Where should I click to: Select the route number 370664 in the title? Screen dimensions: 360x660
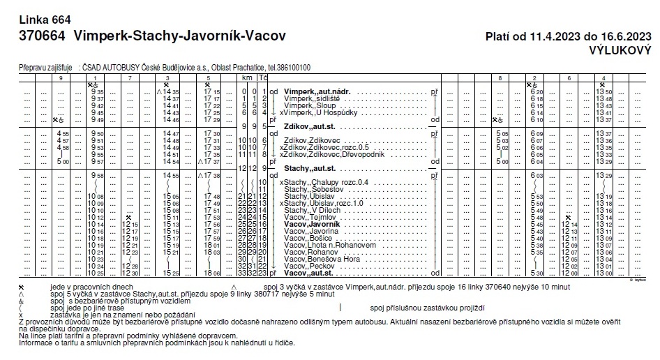(42, 35)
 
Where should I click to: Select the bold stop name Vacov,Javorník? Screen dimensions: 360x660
(312, 225)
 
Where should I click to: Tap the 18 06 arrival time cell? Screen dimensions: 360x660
(212, 273)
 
